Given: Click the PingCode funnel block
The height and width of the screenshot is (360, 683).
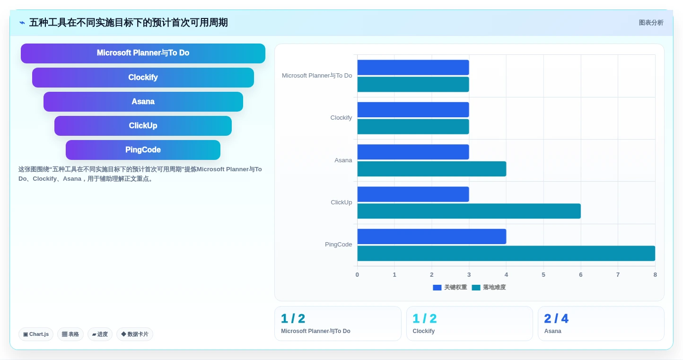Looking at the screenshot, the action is (x=143, y=150).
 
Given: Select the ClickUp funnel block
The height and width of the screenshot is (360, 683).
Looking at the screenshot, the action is (x=143, y=126).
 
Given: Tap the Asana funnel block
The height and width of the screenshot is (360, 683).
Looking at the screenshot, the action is (x=143, y=102).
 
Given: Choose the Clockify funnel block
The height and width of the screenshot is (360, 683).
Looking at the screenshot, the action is (x=143, y=78).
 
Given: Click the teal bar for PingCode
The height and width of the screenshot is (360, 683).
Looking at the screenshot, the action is (x=506, y=253).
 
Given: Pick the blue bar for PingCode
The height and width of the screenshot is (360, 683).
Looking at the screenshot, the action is (x=432, y=237).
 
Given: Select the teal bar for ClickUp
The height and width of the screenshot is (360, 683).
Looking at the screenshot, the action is (x=469, y=211).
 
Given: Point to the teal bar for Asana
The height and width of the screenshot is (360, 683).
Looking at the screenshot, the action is (x=432, y=169).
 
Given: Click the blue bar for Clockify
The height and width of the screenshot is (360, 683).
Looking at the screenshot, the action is (x=413, y=110).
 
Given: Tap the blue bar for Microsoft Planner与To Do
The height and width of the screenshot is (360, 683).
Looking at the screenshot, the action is (x=413, y=68).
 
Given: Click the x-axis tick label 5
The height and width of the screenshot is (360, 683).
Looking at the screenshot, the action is (x=543, y=274).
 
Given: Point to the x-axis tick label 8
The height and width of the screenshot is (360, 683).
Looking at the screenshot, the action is (x=655, y=274).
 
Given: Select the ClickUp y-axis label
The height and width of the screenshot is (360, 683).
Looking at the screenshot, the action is (x=341, y=202).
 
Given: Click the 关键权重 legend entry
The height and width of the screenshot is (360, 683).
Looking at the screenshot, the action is (x=450, y=287).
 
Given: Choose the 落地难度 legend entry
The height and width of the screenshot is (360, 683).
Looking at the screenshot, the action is (x=489, y=287).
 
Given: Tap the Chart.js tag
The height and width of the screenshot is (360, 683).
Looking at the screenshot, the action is (x=36, y=334).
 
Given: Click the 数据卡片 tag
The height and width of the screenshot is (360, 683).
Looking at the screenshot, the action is (x=135, y=334).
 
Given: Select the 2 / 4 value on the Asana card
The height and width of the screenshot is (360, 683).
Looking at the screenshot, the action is (x=556, y=318).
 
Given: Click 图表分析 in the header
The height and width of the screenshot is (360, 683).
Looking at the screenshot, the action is (x=651, y=23).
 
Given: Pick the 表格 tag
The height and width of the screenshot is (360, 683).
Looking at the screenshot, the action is (x=70, y=334).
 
